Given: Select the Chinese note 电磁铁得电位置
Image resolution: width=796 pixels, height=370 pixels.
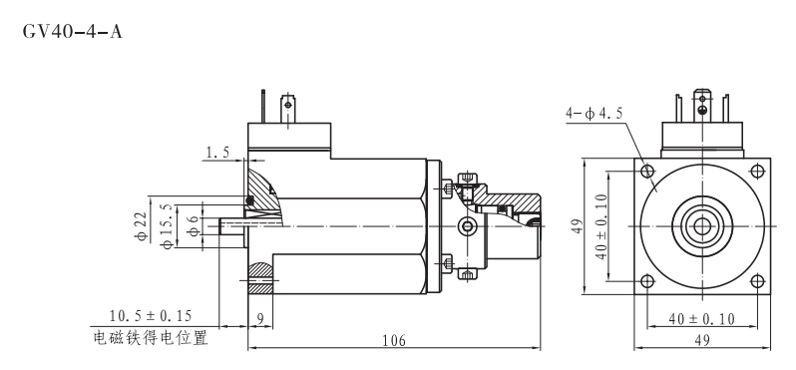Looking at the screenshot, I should [151, 337].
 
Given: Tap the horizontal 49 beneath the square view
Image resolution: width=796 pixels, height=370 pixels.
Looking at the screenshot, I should [703, 341].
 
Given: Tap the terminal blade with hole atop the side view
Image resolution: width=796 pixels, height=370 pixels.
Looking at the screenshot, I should [289, 106].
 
